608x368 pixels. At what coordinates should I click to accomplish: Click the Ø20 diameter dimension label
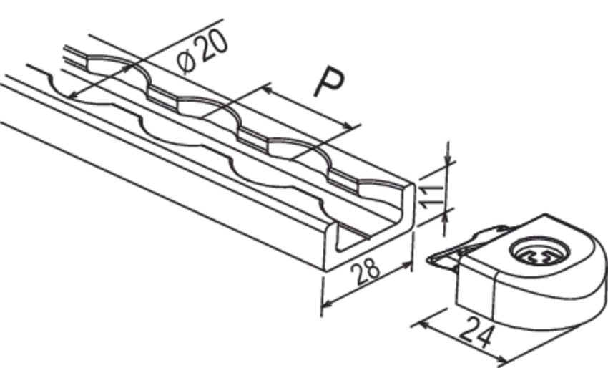202,52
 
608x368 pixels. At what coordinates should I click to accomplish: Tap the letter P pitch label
328,82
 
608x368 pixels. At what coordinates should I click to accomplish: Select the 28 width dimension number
366,272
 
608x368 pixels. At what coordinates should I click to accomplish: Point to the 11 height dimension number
432,197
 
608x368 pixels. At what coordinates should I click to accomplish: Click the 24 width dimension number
478,332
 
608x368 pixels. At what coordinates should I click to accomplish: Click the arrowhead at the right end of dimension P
348,126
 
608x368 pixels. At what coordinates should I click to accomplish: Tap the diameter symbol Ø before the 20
186,62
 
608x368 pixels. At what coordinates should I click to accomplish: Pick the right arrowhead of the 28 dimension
407,266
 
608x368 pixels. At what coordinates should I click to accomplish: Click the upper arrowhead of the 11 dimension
448,160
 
